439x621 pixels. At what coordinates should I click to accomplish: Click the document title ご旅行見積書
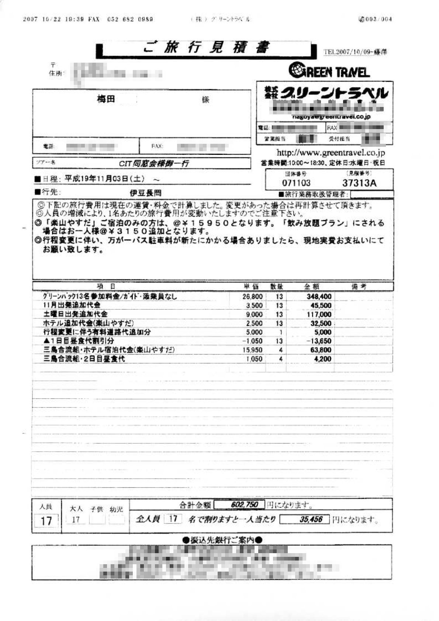pos(206,48)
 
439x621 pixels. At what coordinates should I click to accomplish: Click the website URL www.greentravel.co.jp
pos(331,152)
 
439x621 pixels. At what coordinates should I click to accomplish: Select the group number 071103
pos(296,183)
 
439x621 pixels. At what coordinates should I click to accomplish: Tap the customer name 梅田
pos(106,99)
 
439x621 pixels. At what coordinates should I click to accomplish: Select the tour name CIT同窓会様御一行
pos(154,163)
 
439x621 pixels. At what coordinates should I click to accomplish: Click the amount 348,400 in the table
pos(319,296)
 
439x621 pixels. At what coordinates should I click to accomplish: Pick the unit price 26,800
pos(253,296)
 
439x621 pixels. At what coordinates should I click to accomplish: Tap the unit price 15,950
pos(253,350)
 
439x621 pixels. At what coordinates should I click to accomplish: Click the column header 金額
pos(312,287)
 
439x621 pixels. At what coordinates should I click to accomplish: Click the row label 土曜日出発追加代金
pos(75,314)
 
